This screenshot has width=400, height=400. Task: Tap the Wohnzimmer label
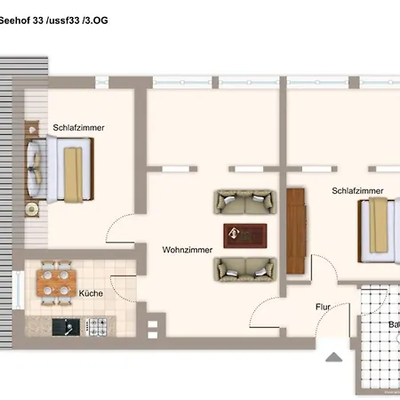(x=187, y=250)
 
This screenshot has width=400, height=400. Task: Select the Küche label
(x=90, y=292)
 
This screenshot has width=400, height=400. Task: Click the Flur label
(x=323, y=307)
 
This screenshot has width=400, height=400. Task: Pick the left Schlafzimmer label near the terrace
(x=78, y=127)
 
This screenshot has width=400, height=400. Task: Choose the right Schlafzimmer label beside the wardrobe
(x=357, y=190)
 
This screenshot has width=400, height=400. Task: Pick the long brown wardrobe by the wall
(x=296, y=233)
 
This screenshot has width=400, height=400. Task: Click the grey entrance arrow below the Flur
(x=334, y=358)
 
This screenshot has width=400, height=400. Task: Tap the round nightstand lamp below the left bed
(x=33, y=209)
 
